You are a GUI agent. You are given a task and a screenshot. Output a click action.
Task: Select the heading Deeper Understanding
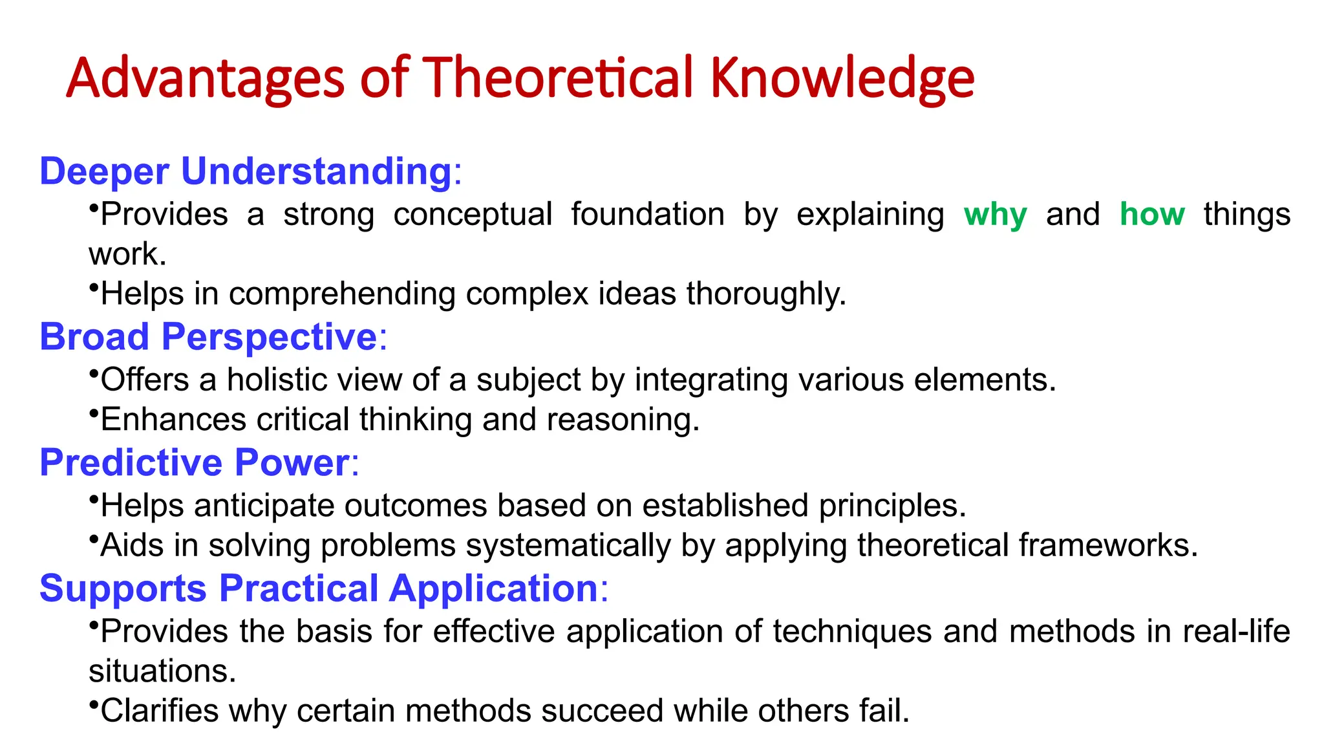click(245, 171)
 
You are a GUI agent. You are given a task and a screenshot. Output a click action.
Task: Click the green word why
click(995, 214)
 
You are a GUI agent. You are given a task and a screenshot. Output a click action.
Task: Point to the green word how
click(1152, 214)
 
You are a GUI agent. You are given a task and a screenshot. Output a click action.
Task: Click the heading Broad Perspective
click(208, 337)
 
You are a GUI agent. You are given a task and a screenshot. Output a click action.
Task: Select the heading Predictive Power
click(195, 462)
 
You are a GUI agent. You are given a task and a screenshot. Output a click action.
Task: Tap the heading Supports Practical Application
click(319, 588)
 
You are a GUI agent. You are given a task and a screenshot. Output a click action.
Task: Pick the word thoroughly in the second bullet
click(766, 294)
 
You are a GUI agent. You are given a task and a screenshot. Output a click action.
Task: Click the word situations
click(162, 671)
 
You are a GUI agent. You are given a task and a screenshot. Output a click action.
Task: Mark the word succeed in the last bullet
click(602, 711)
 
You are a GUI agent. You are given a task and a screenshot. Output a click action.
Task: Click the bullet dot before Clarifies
click(94, 703)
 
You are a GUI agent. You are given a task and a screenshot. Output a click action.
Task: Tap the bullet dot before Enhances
click(94, 411)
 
